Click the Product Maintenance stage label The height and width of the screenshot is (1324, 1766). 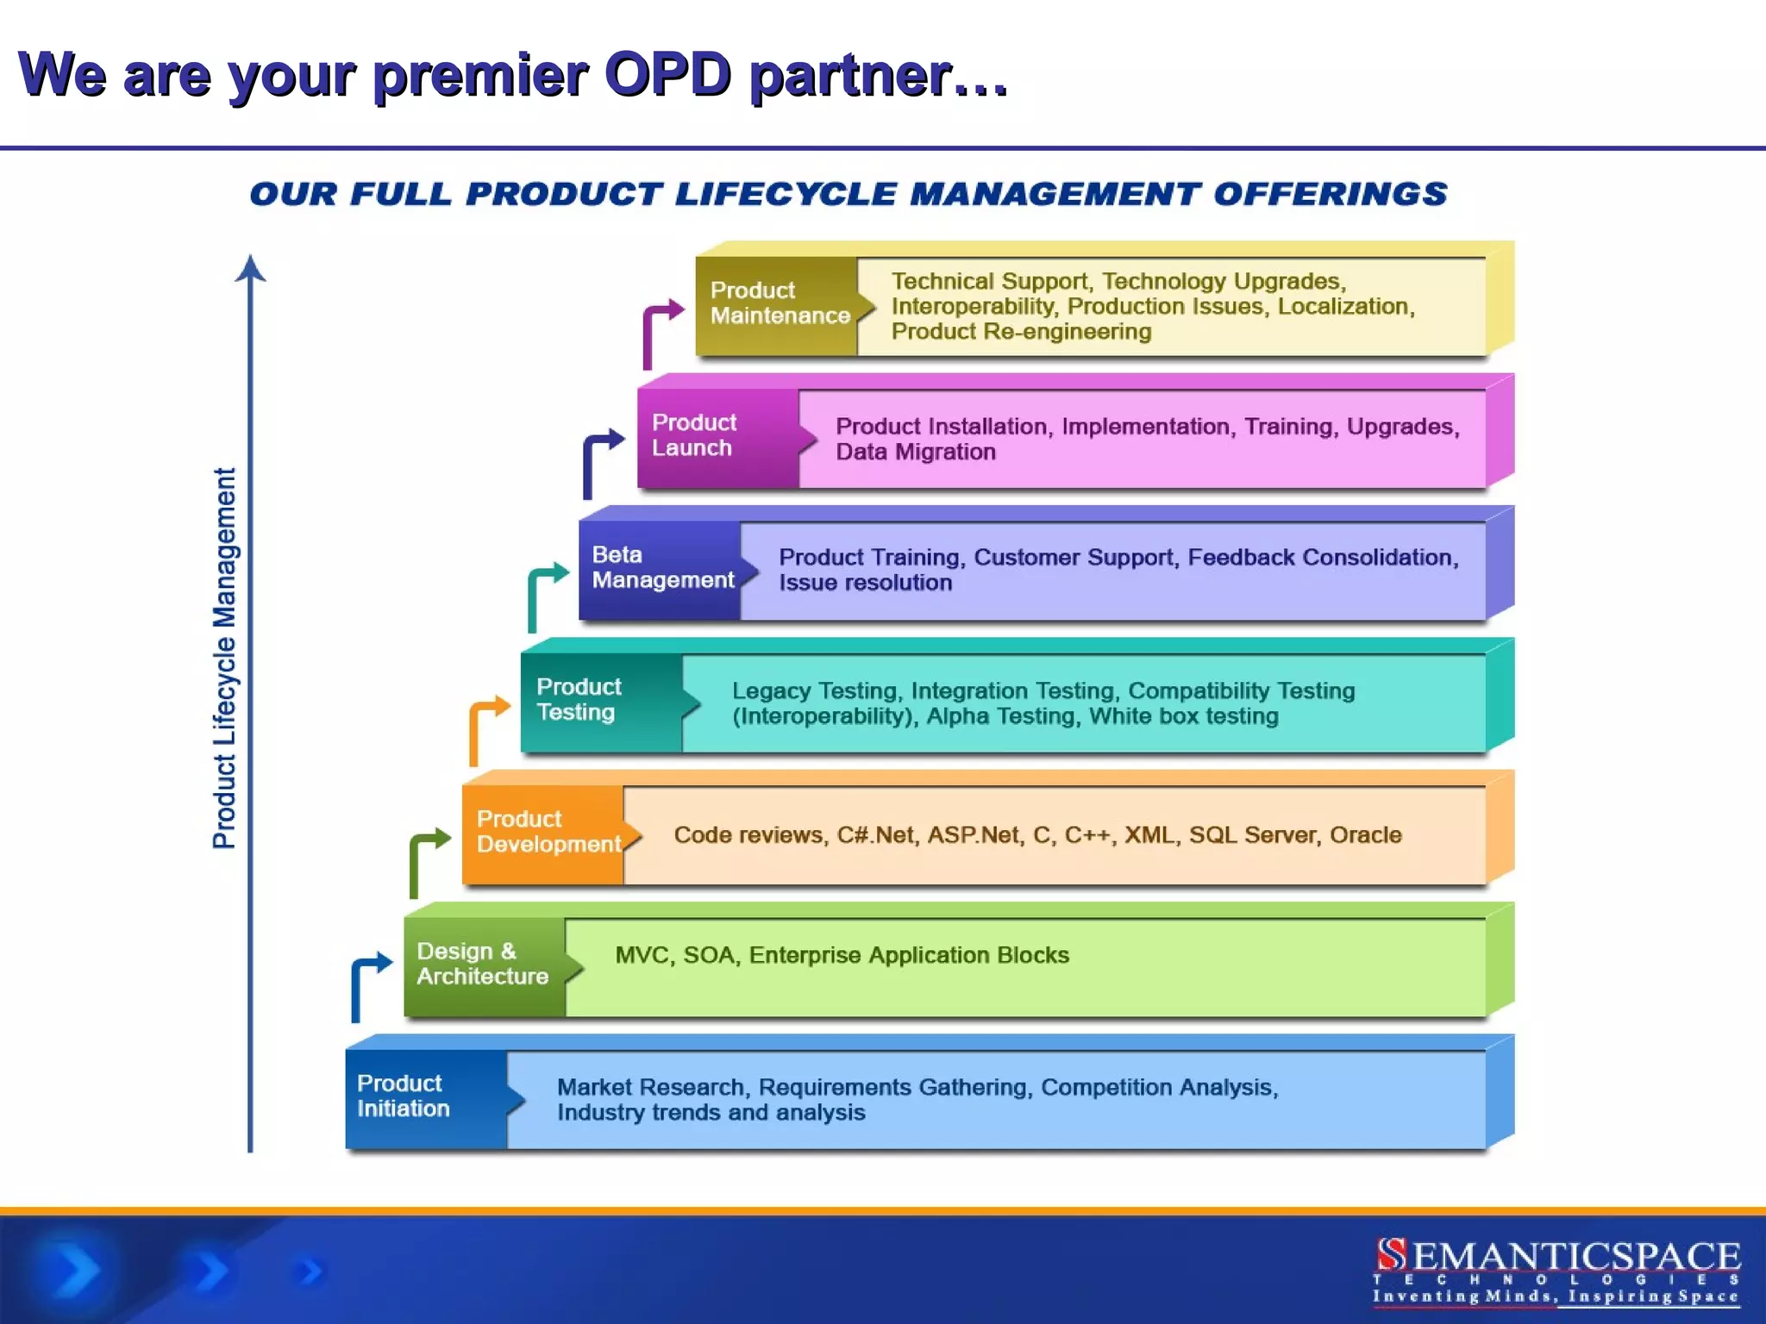(779, 303)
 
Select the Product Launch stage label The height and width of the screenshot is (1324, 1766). (694, 435)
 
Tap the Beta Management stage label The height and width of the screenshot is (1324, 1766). (662, 567)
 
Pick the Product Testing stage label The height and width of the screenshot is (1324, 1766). (578, 699)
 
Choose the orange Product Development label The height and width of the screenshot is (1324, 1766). (548, 832)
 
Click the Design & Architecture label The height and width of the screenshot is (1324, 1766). (482, 964)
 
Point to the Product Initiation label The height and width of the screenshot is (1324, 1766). (403, 1096)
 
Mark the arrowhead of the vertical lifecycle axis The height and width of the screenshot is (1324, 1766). (250, 269)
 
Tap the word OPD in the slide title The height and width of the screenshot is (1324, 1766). (668, 76)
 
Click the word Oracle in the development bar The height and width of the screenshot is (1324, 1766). (1365, 834)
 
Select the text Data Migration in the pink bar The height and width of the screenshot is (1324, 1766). (915, 452)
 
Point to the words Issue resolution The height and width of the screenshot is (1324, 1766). (865, 583)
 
